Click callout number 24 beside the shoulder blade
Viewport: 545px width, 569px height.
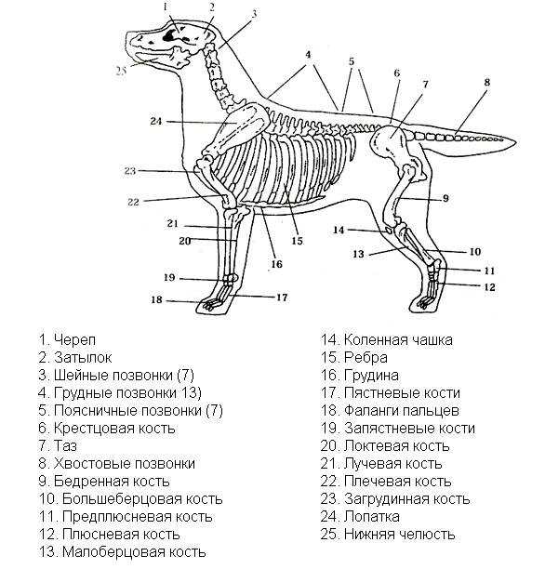[x=155, y=121]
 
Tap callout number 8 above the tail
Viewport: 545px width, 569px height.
[x=487, y=82]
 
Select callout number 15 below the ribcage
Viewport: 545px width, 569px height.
[x=297, y=241]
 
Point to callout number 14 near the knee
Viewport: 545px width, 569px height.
[x=339, y=230]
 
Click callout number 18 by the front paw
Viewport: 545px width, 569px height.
[x=156, y=299]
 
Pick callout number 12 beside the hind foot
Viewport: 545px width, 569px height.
[x=489, y=287]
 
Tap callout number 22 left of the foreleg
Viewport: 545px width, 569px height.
[x=133, y=202]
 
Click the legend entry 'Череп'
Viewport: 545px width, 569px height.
[x=74, y=339]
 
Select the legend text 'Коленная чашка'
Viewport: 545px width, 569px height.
[x=398, y=340]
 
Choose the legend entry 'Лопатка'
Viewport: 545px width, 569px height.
[x=372, y=516]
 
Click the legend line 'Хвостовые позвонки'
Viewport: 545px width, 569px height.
[x=125, y=463]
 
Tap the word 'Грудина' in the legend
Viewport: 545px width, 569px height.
[x=371, y=376]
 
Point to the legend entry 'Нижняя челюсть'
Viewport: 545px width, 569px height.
[x=399, y=535]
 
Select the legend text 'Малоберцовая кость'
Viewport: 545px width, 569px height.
[x=134, y=552]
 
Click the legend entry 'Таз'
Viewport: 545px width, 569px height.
[x=65, y=445]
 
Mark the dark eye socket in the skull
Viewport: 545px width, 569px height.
[x=169, y=35]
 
